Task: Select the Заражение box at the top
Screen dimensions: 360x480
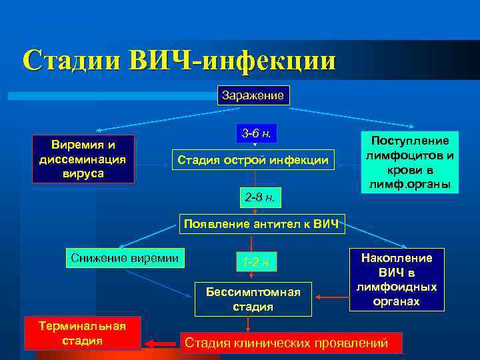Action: coord(253,95)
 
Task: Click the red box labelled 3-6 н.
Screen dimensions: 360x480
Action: coord(257,133)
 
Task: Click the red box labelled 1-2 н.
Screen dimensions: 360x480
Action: coord(256,262)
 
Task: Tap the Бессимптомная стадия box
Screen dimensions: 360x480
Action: coord(253,299)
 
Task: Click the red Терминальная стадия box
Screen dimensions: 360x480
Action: coord(83,333)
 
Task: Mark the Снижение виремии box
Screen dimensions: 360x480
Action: coord(126,257)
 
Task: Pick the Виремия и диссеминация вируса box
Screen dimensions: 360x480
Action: coord(83,159)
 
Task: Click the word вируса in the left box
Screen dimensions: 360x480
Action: coord(83,173)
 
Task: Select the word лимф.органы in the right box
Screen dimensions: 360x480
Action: coord(410,184)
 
